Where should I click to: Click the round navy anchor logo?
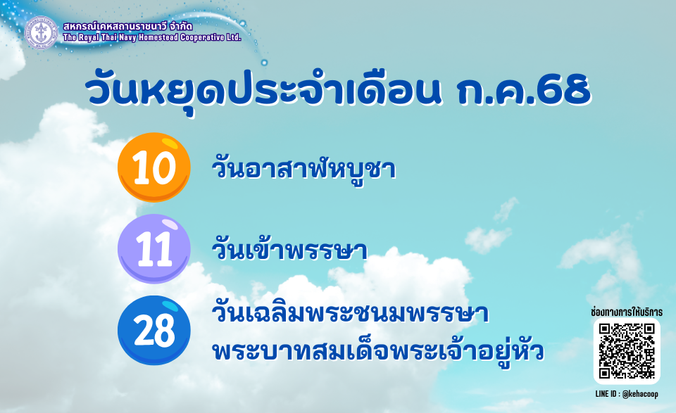point(41,32)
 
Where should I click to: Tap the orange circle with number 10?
point(154,167)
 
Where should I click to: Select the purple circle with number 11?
point(154,248)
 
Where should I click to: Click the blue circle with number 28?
point(154,330)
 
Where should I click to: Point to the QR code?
point(627,351)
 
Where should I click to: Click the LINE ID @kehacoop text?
point(627,394)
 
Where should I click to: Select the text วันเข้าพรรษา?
point(289,249)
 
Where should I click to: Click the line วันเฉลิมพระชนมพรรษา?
point(350,312)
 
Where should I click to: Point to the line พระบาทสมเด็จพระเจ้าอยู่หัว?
point(378,351)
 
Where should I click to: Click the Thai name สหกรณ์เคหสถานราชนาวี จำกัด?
point(127,26)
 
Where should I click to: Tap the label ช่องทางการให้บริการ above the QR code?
point(627,312)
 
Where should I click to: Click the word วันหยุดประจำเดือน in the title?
point(263,91)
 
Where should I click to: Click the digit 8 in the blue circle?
point(164,330)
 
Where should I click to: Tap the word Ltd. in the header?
point(233,37)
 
